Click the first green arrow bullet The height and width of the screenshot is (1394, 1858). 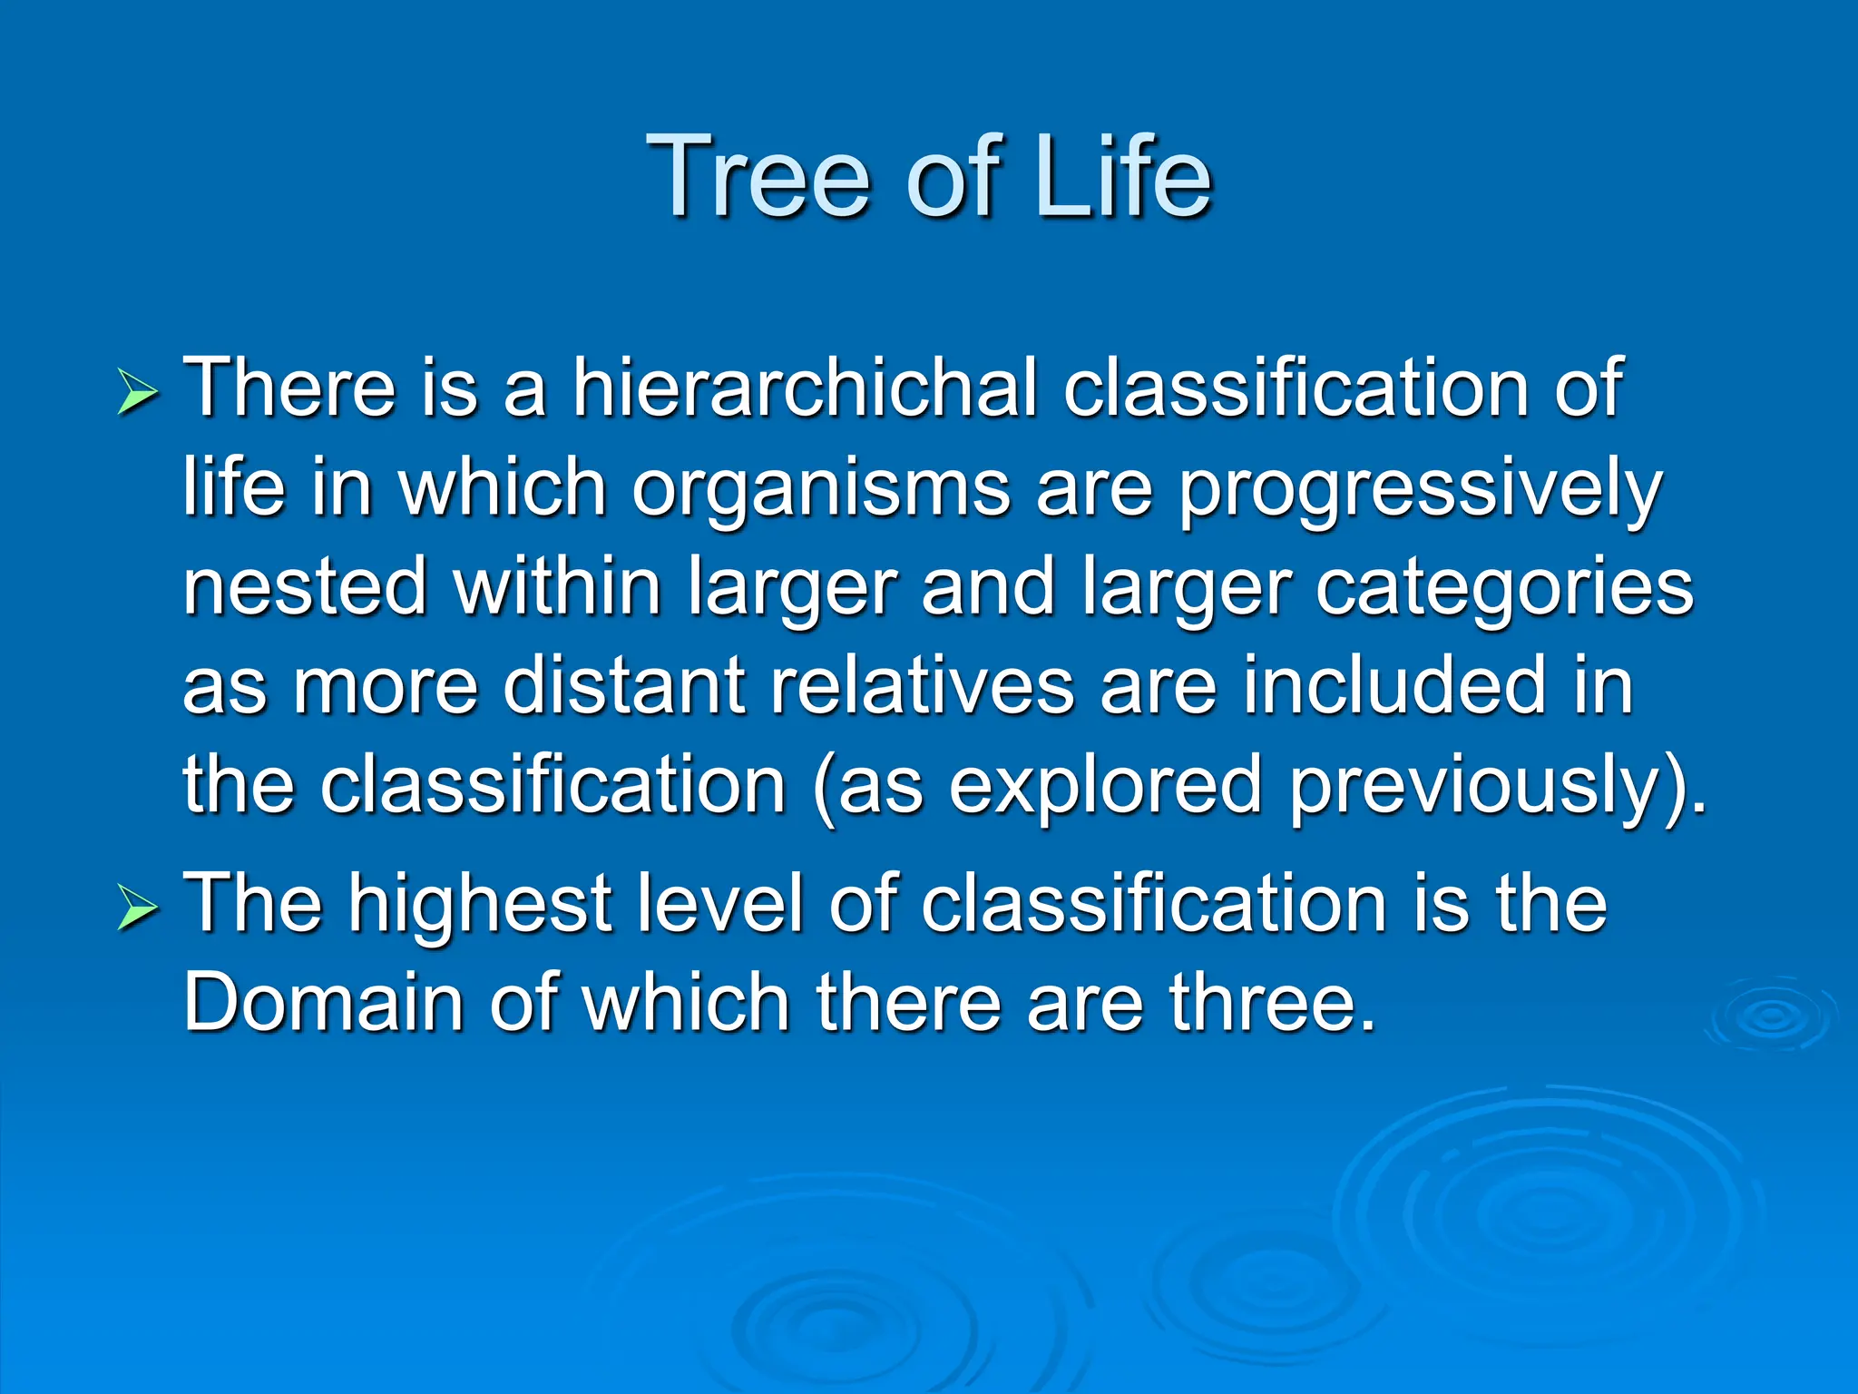tap(138, 393)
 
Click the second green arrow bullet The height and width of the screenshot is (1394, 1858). tap(138, 908)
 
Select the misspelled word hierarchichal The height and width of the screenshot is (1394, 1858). tap(804, 388)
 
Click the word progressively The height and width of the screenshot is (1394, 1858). tap(1420, 490)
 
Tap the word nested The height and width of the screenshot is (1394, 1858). tap(305, 587)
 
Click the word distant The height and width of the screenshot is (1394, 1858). tap(624, 686)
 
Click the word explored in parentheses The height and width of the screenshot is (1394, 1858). tap(1105, 786)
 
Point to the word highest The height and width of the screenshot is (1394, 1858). tap(481, 905)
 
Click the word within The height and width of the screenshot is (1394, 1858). tap(558, 587)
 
